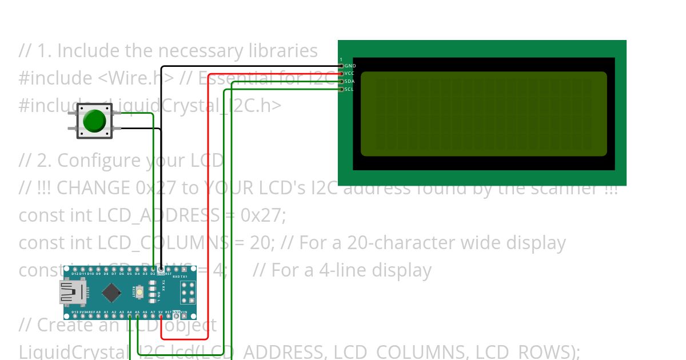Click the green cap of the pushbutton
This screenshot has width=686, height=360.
click(94, 121)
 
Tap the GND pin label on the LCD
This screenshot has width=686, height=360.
click(350, 66)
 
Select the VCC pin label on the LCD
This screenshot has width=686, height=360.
click(350, 74)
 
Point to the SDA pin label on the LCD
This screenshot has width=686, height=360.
click(350, 81)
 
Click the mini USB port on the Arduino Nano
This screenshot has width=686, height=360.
click(70, 293)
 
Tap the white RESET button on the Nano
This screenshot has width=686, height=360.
click(139, 293)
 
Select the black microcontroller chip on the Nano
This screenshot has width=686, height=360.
click(111, 293)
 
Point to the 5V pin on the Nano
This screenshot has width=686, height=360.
click(161, 315)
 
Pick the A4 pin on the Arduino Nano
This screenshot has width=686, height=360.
click(130, 315)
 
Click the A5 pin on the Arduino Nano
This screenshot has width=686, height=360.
click(137, 315)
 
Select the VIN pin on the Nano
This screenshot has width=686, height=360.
click(184, 315)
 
